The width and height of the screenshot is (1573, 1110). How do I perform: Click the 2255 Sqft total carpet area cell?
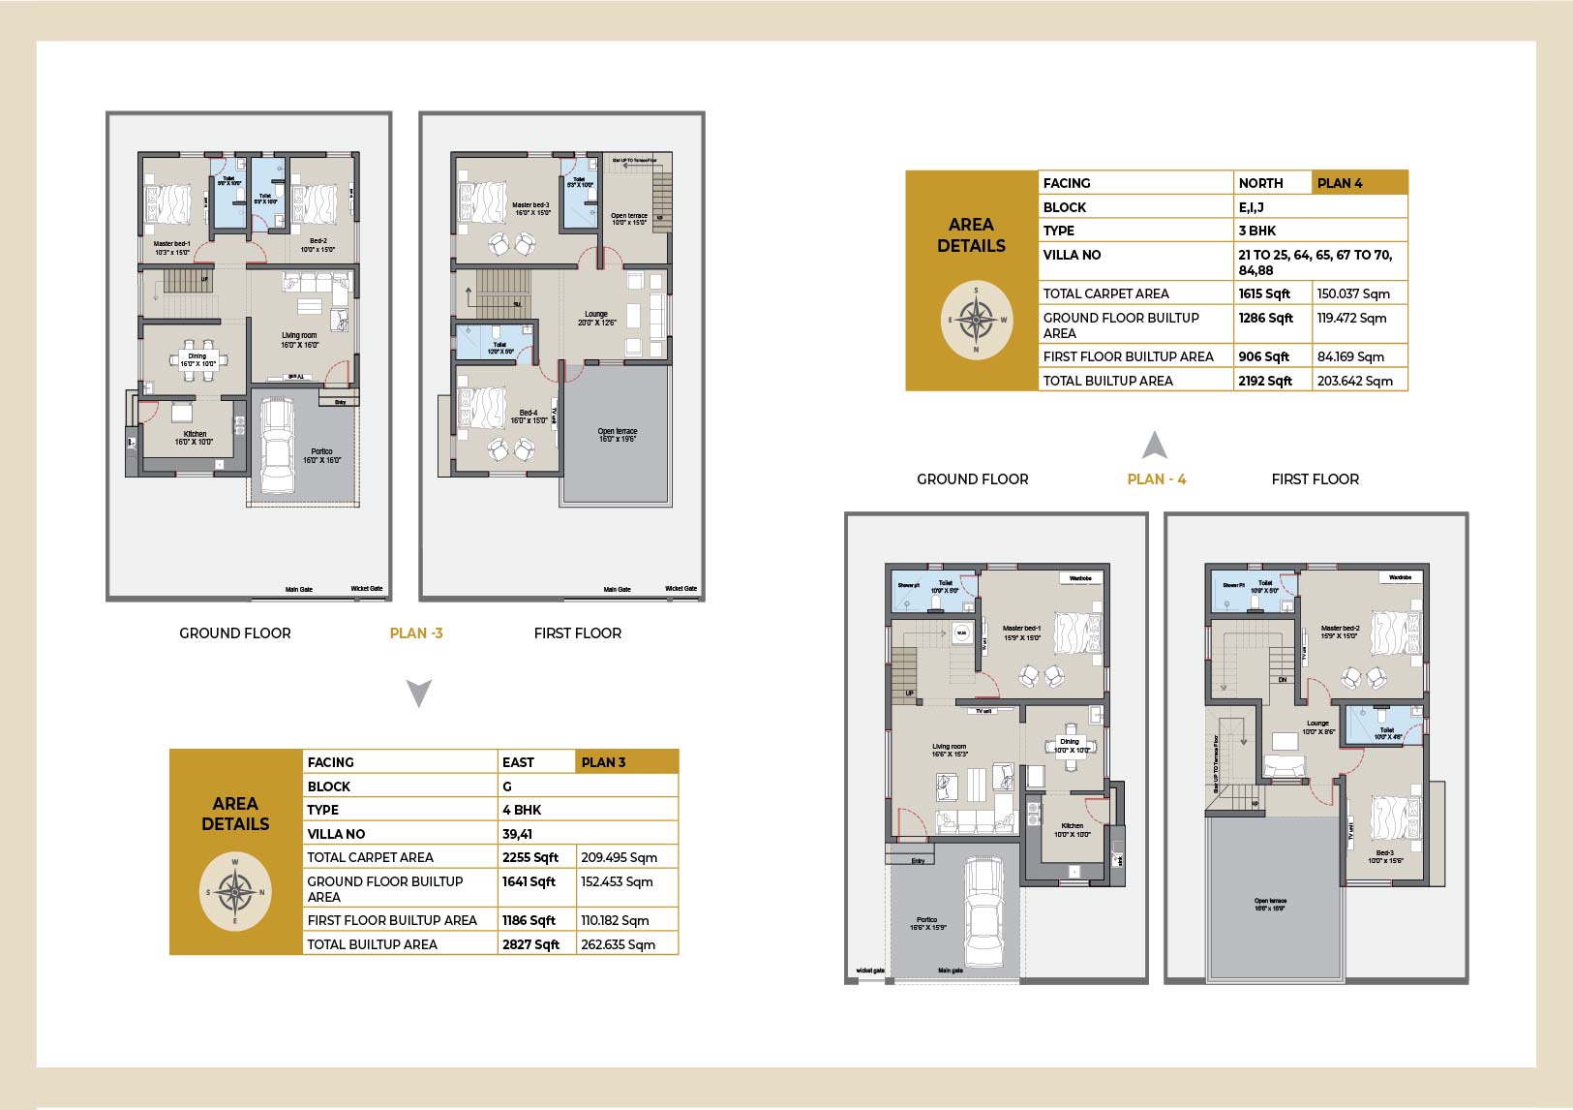coord(530,857)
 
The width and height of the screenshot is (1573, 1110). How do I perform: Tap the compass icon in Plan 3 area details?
coord(234,892)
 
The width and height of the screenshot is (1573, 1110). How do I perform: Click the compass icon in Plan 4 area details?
coord(976,320)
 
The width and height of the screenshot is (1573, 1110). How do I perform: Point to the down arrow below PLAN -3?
coord(418,694)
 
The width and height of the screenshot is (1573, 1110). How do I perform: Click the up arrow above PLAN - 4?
coord(1154,446)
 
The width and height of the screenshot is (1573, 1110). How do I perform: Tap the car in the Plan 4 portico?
coord(983,912)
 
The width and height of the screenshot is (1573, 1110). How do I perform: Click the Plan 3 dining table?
coord(197,359)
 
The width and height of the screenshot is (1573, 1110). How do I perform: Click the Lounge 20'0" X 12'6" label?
coord(596,318)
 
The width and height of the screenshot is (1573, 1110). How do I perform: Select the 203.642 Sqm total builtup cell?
coord(1354,381)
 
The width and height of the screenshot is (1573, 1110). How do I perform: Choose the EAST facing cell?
coord(519,762)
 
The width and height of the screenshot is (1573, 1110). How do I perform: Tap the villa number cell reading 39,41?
coord(517,834)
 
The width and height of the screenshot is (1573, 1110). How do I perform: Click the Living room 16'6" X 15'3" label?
coord(950,750)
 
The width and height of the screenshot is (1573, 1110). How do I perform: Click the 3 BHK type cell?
coord(1256,231)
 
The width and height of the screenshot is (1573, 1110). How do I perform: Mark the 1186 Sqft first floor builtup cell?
coord(529,920)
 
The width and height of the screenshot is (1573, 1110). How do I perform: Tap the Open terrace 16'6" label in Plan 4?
coord(1270,905)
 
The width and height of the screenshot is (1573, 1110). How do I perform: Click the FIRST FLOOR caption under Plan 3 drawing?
coord(577,633)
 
